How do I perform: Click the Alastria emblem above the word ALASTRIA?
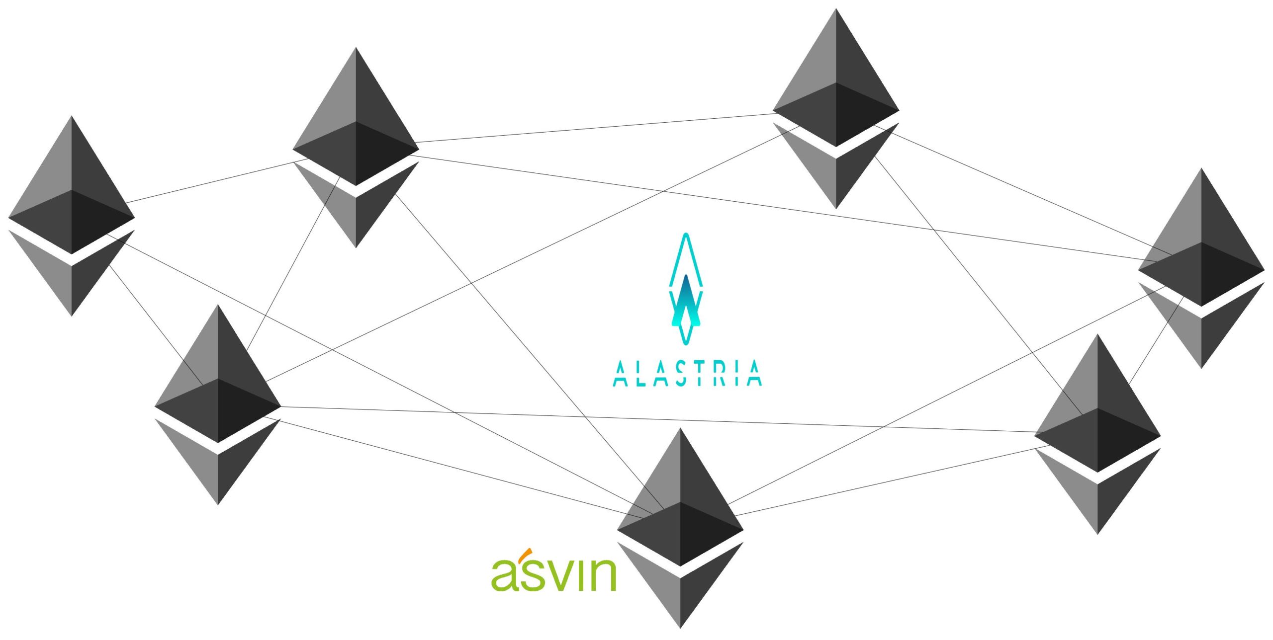click(686, 289)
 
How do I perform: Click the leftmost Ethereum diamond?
click(72, 214)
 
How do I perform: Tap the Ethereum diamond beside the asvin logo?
click(680, 527)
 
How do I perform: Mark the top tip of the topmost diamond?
click(836, 10)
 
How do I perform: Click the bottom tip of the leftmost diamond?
click(72, 314)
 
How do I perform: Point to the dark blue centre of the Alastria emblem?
click(686, 293)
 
